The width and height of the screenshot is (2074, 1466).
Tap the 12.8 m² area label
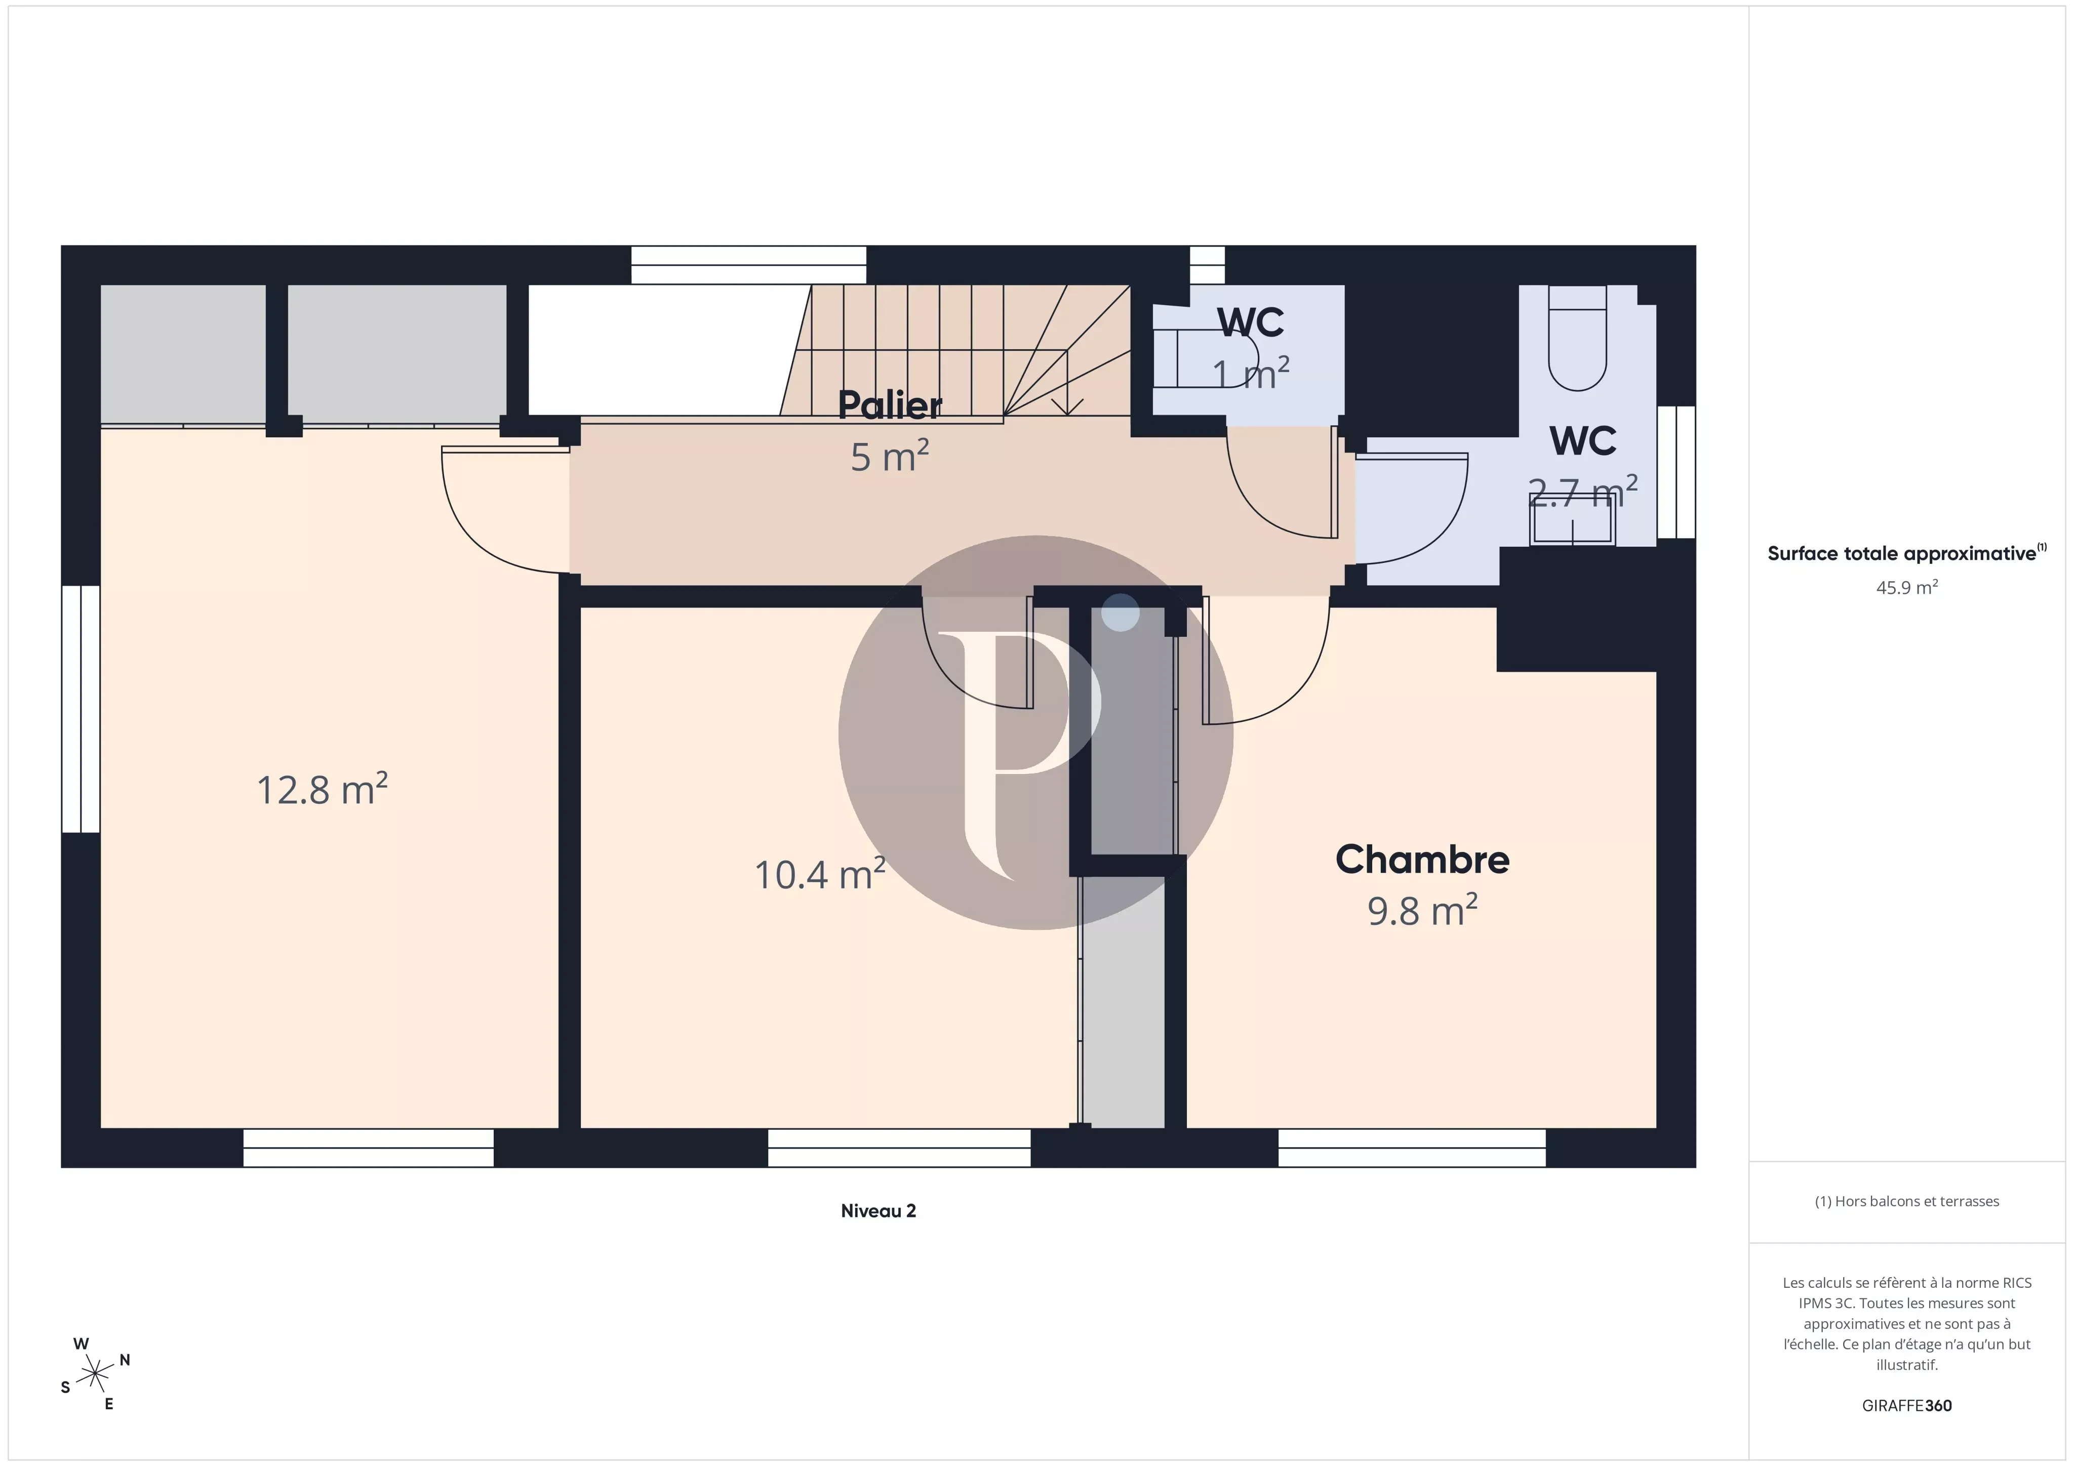[323, 790]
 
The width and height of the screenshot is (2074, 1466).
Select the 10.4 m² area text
[819, 874]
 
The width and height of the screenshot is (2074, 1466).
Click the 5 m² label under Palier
[890, 456]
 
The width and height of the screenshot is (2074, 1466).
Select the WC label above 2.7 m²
[1583, 441]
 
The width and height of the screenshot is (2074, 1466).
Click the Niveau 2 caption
[878, 1211]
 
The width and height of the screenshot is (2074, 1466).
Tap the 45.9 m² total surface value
[1907, 587]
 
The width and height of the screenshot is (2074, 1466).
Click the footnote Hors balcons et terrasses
[1907, 1201]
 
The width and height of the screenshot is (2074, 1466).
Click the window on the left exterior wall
[81, 709]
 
